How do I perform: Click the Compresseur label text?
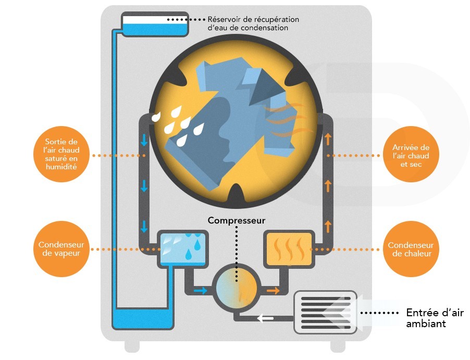point(237,220)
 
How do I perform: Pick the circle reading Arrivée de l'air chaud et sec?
point(410,155)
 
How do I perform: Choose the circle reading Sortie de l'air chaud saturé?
point(61,155)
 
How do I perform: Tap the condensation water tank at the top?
point(155,24)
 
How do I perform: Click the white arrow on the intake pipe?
point(265,317)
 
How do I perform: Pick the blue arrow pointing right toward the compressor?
point(200,291)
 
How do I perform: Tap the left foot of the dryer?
point(132,345)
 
